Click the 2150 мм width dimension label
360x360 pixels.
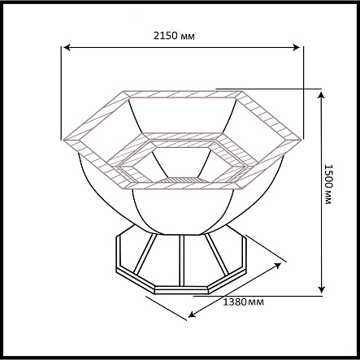tap(174, 36)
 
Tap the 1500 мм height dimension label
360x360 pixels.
tap(327, 184)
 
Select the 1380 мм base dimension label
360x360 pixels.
tap(243, 301)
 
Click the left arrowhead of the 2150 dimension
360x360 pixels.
tap(67, 47)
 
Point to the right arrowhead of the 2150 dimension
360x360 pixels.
tap(297, 47)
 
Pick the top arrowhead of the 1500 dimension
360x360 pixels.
tap(322, 95)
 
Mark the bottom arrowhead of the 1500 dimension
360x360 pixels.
tap(322, 289)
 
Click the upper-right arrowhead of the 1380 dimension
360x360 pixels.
tap(278, 265)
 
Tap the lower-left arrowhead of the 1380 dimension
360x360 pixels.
tap(192, 314)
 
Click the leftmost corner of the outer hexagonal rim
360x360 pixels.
tap(63, 140)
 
